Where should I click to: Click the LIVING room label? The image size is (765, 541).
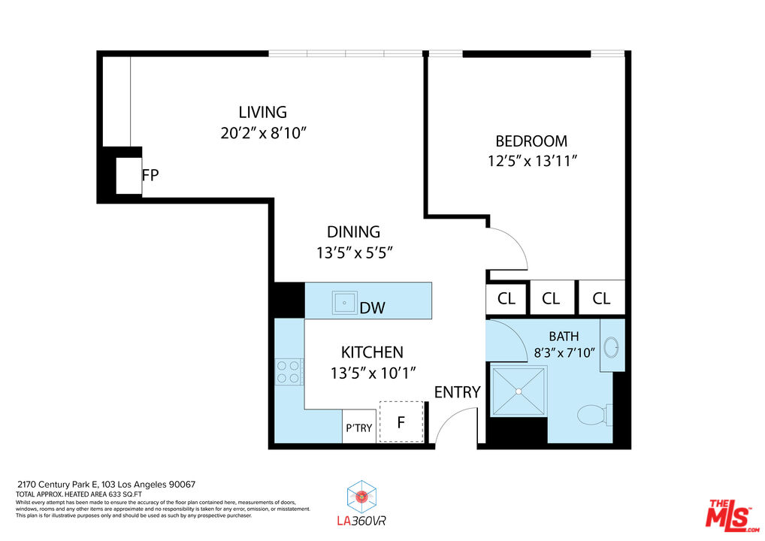(263, 113)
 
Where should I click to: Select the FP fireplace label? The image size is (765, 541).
(150, 175)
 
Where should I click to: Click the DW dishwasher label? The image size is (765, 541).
(373, 307)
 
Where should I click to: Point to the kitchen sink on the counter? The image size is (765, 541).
(346, 303)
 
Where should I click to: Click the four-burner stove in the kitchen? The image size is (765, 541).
(289, 371)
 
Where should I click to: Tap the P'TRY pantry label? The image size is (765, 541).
(358, 428)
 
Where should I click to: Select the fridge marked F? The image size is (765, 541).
(401, 422)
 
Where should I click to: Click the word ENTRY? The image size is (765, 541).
(457, 392)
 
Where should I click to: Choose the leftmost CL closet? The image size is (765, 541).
(506, 298)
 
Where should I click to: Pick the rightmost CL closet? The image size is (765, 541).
(601, 298)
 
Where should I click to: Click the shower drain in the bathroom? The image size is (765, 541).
(519, 391)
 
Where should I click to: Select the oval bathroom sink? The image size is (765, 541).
(612, 348)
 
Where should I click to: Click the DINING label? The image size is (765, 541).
(353, 232)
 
